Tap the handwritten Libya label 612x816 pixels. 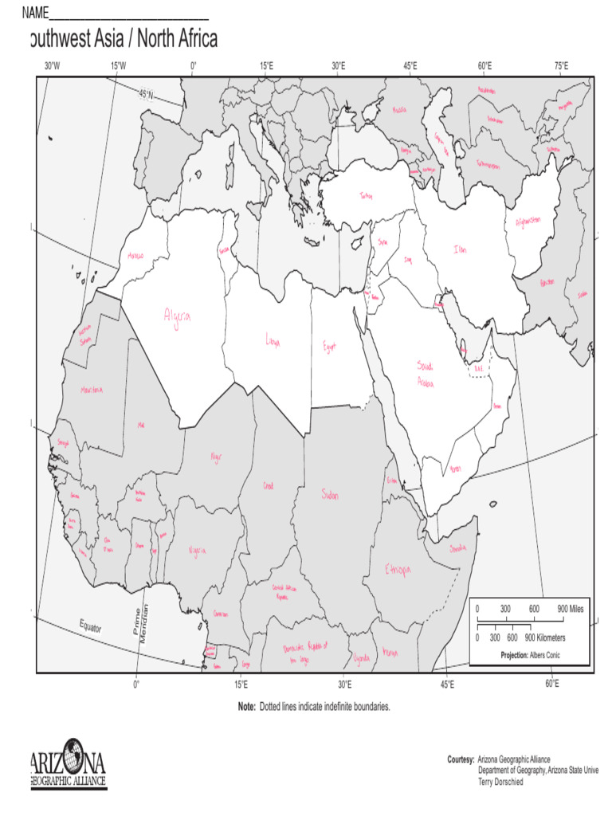click(x=273, y=341)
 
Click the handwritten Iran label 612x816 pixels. click(x=461, y=249)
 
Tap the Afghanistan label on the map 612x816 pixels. click(x=528, y=220)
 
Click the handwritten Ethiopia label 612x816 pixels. click(x=398, y=570)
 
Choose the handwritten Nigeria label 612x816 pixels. click(x=197, y=551)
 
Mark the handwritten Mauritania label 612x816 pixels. click(x=92, y=390)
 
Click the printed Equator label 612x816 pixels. click(x=90, y=626)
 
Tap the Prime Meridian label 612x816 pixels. click(x=139, y=623)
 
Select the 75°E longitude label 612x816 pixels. click(x=560, y=65)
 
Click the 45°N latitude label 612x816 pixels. click(x=148, y=94)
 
